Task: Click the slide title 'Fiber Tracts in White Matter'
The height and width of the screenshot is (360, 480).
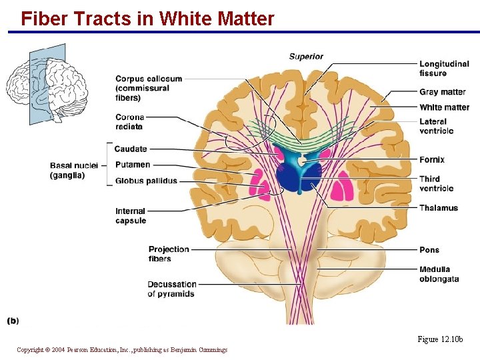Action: point(147,19)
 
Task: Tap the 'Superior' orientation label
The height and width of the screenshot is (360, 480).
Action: point(306,57)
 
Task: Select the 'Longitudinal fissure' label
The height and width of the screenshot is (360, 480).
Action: point(444,69)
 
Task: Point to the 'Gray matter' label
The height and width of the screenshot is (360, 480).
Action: point(443,92)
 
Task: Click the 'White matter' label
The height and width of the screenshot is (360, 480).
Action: point(444,107)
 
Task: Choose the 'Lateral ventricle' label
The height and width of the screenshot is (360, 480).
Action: point(437,126)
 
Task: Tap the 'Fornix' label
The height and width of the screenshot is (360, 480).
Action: point(432,160)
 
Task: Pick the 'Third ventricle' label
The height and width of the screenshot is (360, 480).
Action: point(437,183)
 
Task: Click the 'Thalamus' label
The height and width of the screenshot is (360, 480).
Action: point(439,208)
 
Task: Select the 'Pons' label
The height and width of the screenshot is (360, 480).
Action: point(429,250)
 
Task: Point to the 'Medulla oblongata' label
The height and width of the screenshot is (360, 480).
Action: point(439,274)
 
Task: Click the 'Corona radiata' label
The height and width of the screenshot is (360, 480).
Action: point(129,122)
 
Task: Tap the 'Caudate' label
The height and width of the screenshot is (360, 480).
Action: point(131,149)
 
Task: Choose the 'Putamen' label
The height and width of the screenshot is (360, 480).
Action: point(133,165)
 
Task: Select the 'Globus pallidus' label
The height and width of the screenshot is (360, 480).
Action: point(146,181)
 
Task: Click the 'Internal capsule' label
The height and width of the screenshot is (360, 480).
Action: point(131,216)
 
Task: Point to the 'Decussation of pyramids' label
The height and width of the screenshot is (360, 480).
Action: point(172,289)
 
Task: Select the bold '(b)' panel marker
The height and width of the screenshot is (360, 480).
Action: point(13,321)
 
